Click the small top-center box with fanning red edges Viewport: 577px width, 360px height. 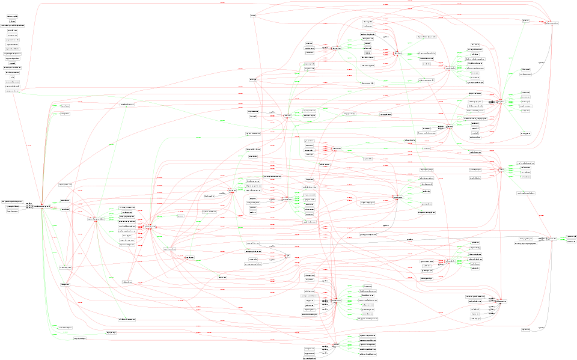[x=254, y=14]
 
